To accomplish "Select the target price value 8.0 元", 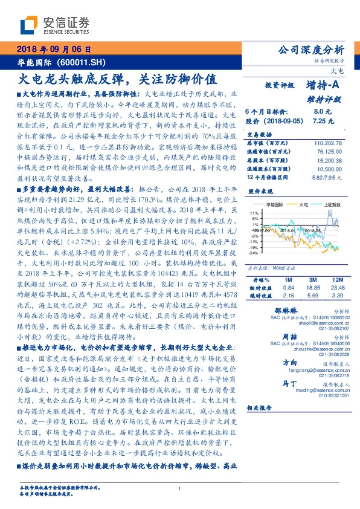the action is (x=320, y=112).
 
